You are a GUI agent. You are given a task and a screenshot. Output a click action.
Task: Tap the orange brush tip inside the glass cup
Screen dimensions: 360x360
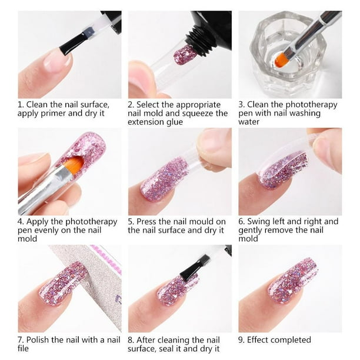[x=281, y=59]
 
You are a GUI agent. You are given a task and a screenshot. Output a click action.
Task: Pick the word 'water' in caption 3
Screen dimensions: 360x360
[x=249, y=122]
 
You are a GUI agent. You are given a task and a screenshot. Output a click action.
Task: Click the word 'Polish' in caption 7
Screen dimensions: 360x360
[x=38, y=340]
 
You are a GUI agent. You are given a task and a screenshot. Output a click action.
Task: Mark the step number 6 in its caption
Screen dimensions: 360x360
[x=241, y=222]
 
